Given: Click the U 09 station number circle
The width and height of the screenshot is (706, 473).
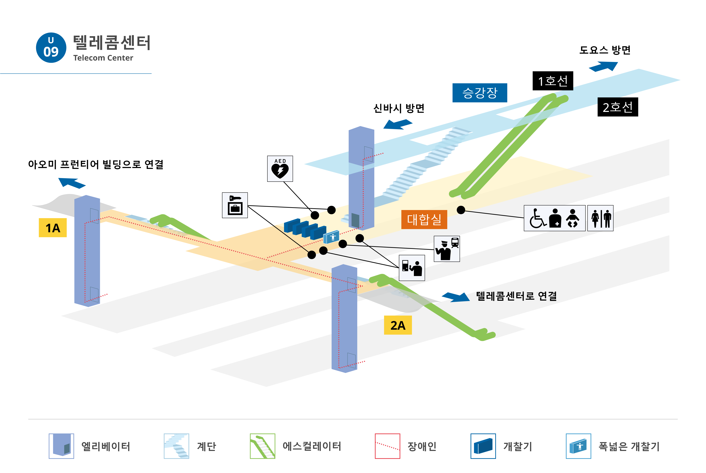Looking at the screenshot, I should coord(51,48).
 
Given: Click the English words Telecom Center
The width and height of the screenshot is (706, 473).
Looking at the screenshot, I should coord(103,58).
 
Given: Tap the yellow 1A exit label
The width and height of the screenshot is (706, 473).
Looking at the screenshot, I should coord(53,228).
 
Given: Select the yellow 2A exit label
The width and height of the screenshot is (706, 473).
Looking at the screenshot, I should coord(397,325).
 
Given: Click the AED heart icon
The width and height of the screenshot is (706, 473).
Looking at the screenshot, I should coord(280,169).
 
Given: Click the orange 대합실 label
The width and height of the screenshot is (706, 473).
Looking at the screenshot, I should coord(424,219).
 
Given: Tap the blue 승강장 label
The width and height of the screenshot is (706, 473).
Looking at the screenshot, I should coord(480,93).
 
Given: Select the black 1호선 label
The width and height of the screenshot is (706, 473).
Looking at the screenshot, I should coord(552,81).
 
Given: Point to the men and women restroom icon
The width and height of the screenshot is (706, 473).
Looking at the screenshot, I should coord(600,218).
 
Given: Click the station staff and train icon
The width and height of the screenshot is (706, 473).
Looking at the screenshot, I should coord(447,249).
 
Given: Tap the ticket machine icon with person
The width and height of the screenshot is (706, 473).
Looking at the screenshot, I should coord(412,268).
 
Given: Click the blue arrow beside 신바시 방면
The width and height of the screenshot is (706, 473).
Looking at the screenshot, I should coord(397,124).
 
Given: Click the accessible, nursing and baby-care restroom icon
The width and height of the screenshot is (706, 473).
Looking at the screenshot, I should coord(554,218).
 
